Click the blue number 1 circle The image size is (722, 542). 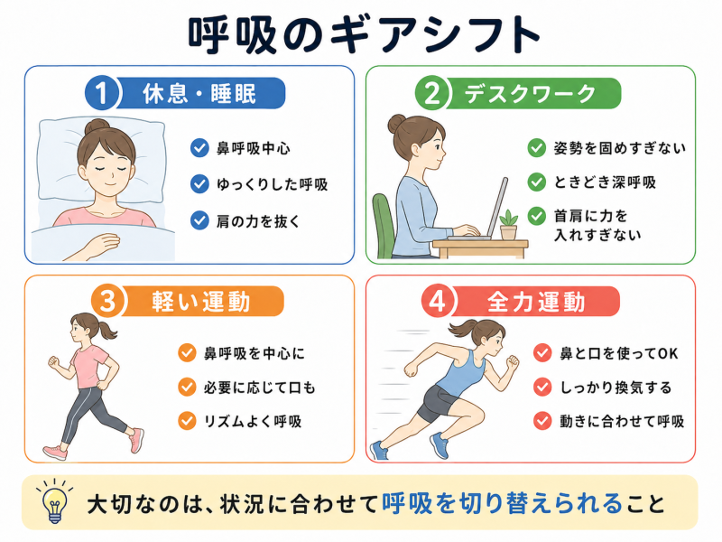pyautogui.click(x=102, y=93)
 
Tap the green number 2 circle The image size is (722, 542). pyautogui.click(x=432, y=93)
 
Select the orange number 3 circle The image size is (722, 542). pyautogui.click(x=108, y=302)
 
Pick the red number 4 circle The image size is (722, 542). pyautogui.click(x=438, y=302)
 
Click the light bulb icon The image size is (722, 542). pyautogui.click(x=55, y=502)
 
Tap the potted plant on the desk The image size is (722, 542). pyautogui.click(x=508, y=225)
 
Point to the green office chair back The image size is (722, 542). pyautogui.click(x=383, y=226)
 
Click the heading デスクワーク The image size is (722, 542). pyautogui.click(x=531, y=94)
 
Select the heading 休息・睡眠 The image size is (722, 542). pyautogui.click(x=199, y=94)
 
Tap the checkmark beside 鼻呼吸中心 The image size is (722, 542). pyautogui.click(x=199, y=148)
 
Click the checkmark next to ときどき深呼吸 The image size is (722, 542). pyautogui.click(x=536, y=182)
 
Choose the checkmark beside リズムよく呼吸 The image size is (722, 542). pyautogui.click(x=187, y=421)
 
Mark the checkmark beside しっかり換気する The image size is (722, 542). pyautogui.click(x=542, y=388)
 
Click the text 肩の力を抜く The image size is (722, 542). pyautogui.click(x=258, y=221)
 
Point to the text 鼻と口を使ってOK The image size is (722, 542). pyautogui.click(x=619, y=353)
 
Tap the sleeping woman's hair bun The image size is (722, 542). pyautogui.click(x=97, y=126)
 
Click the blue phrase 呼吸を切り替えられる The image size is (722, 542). pyautogui.click(x=503, y=503)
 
